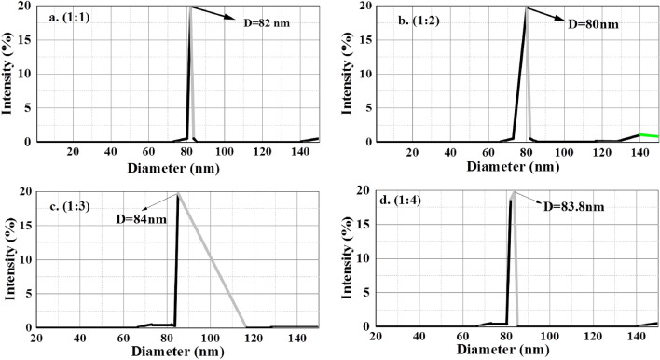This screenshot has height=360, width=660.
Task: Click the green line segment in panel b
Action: (648, 136)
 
